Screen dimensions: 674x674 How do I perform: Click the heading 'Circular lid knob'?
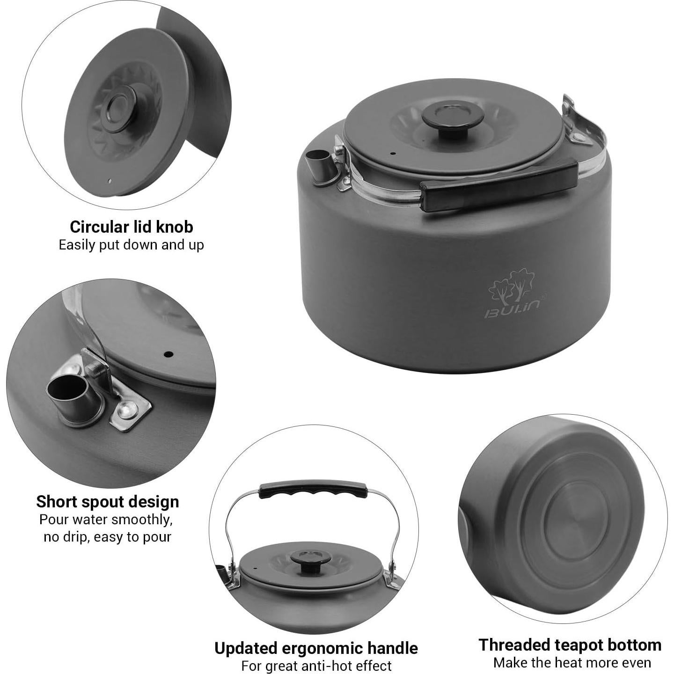click(131, 227)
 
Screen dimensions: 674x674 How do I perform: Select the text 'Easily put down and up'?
click(131, 245)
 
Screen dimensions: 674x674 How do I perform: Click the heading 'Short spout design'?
click(108, 501)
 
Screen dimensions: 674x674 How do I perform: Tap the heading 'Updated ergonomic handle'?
click(316, 648)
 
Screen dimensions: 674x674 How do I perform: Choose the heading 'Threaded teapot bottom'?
click(570, 645)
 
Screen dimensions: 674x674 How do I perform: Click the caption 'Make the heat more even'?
click(572, 663)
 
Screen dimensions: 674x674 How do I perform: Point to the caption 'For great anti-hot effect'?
click(316, 666)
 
